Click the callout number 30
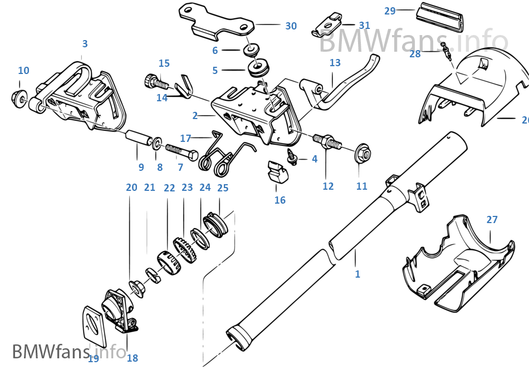click(x=291, y=26)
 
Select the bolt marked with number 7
click(x=182, y=151)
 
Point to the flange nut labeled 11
click(x=363, y=152)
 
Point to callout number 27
click(x=492, y=220)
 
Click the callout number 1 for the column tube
click(x=357, y=274)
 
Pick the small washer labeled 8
click(x=158, y=145)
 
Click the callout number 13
click(x=335, y=63)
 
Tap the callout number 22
click(x=169, y=188)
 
